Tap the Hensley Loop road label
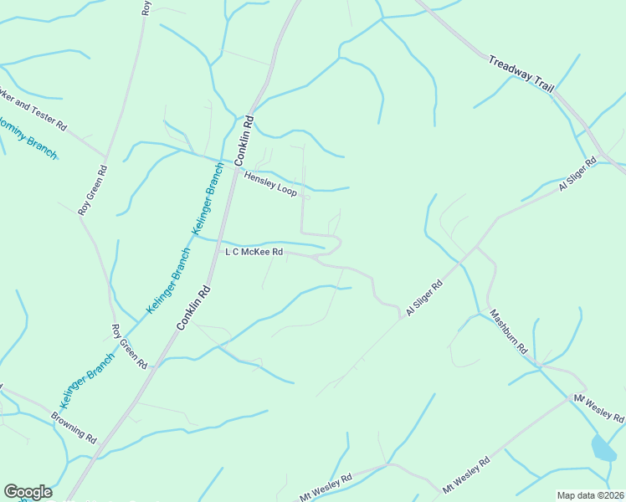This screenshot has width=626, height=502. pos(270,184)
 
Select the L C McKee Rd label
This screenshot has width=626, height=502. pos(254,251)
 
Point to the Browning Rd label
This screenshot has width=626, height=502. pos(74,427)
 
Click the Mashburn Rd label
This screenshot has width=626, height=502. pos(508,330)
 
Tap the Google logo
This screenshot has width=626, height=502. pos(28,492)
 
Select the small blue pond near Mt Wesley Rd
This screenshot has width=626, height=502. pos(603,448)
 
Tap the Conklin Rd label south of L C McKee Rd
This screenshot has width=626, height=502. pos(193,308)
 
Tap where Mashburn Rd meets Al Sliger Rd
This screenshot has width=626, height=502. pos(478,248)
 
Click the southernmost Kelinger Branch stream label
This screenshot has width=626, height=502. pos(87,382)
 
